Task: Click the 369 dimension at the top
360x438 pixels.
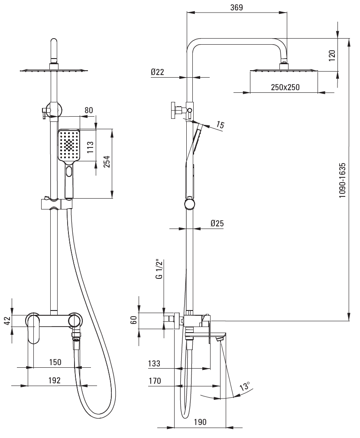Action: pos(237,7)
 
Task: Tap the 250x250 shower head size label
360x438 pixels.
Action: pos(285,87)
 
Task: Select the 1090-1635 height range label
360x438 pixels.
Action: pos(343,180)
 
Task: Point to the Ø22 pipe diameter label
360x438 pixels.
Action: pos(157,72)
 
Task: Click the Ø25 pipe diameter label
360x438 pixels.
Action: pos(217,223)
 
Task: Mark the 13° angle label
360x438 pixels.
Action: pos(245,386)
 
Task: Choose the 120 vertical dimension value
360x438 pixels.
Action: pos(332,56)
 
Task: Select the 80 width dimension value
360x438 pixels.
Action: pos(89,110)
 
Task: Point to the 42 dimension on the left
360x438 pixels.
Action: pos(7,320)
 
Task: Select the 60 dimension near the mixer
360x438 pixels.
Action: pos(134,320)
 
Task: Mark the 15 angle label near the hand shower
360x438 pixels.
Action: pos(220,125)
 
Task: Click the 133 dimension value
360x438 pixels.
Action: pos(154,363)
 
